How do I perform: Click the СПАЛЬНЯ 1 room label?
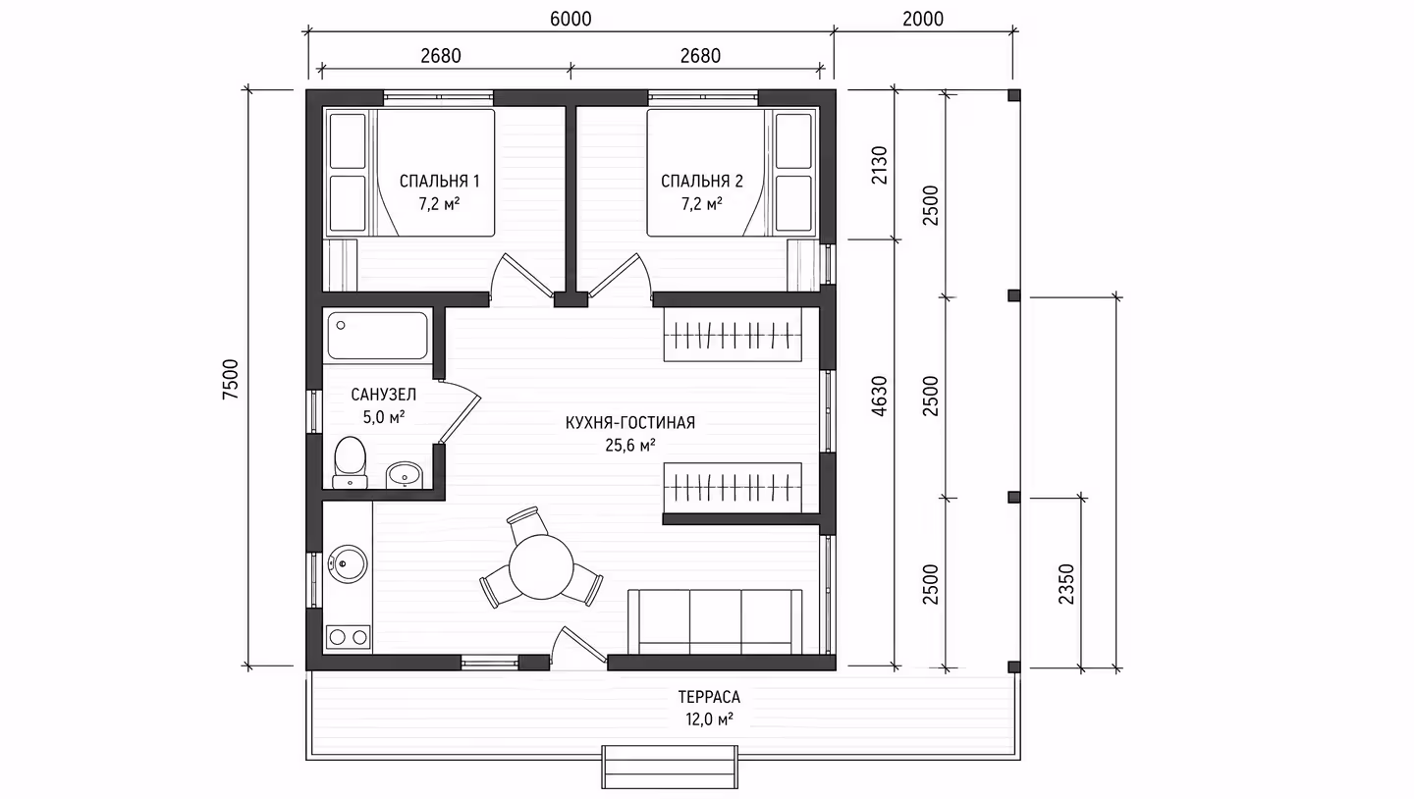point(439,182)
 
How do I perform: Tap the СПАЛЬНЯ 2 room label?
point(701,182)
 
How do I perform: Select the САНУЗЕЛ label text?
point(383,395)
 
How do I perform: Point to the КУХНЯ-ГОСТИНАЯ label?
point(630,423)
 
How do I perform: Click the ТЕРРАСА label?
point(709,697)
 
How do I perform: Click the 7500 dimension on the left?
point(231,379)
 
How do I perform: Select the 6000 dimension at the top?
point(571,19)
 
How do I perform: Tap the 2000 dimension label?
point(923,19)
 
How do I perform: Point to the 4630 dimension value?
point(879,396)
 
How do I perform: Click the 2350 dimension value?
point(1065,584)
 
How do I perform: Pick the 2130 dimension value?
point(879,165)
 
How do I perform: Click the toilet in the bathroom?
point(350,462)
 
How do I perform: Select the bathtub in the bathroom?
point(377,336)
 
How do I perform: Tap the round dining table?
point(541,566)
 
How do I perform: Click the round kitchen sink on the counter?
point(348,563)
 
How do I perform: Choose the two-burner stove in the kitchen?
point(349,637)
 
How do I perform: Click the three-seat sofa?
point(715,621)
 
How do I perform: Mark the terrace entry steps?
point(670,767)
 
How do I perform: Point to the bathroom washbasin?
point(404,475)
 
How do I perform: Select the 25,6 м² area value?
point(630,446)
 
